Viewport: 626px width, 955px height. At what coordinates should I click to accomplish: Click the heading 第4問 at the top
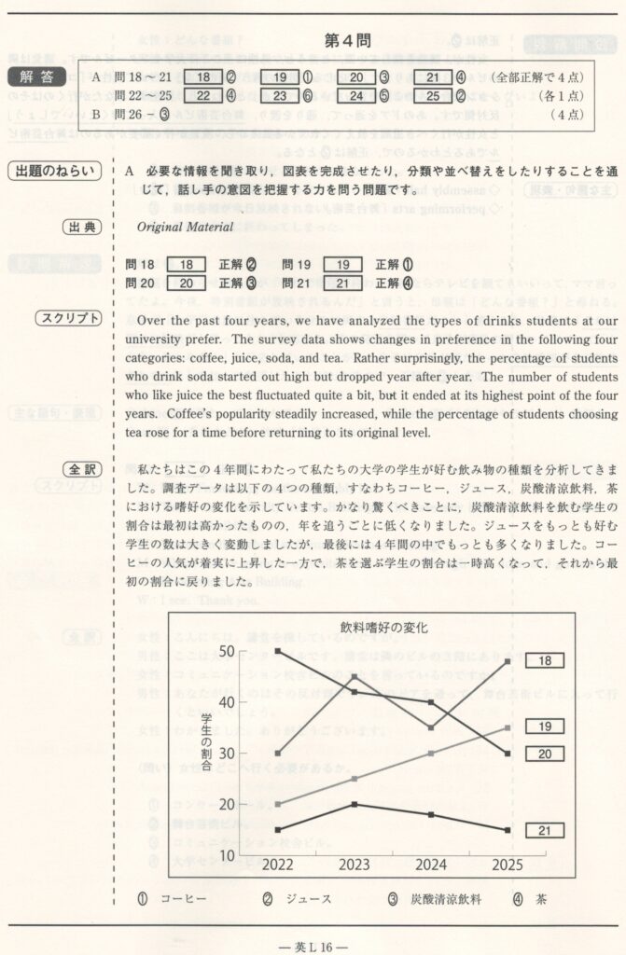click(x=347, y=41)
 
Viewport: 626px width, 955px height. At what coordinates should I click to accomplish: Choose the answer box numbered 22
click(x=203, y=95)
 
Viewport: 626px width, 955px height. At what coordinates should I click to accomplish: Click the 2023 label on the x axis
click(x=355, y=865)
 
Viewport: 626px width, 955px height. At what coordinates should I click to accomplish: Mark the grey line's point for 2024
click(x=430, y=753)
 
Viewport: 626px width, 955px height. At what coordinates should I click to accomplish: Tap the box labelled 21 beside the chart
click(x=544, y=830)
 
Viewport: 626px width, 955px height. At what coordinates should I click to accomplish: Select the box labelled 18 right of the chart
click(x=544, y=660)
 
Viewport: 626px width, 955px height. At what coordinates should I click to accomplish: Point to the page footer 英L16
click(x=313, y=944)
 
